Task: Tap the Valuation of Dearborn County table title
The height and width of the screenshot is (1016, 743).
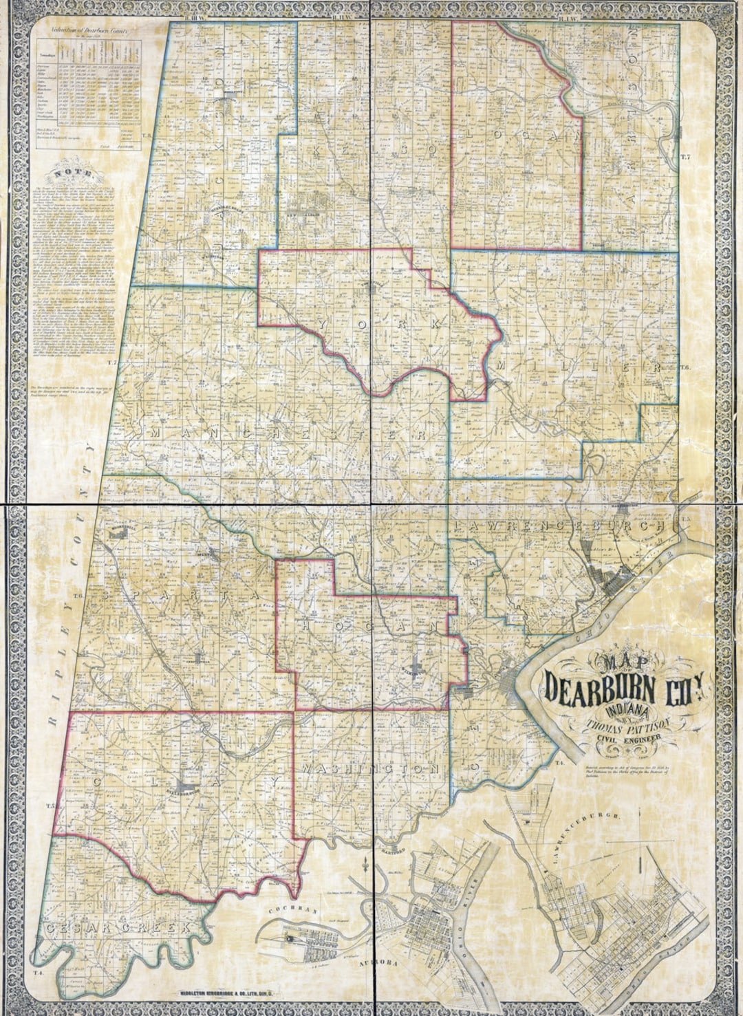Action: point(89,32)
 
